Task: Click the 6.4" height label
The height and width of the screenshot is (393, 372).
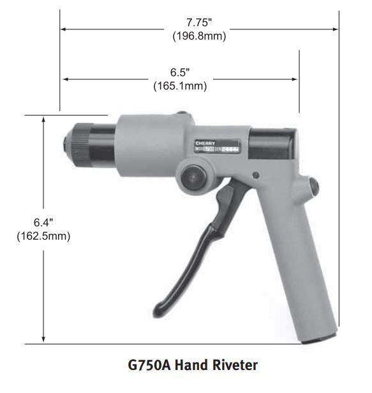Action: tap(43, 222)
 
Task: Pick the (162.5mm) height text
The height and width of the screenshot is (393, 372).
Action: tap(43, 235)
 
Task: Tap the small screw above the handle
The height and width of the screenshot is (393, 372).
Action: tap(256, 174)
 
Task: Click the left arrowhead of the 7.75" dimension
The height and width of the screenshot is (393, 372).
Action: tap(64, 29)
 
